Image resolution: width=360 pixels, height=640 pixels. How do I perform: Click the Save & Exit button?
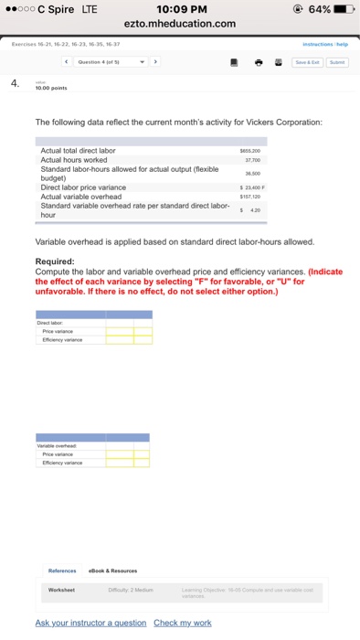[306, 62]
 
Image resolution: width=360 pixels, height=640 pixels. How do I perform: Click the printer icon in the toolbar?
[259, 62]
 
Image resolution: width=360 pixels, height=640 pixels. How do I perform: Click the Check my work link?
[183, 623]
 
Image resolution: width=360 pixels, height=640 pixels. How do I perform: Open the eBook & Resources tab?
[111, 571]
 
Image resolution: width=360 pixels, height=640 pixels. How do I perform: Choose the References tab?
[62, 571]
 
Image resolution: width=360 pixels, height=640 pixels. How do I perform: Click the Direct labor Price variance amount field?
[120, 331]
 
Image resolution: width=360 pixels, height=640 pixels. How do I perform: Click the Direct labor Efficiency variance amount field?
[120, 339]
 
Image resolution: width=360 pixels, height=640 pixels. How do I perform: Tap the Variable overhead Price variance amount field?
[120, 454]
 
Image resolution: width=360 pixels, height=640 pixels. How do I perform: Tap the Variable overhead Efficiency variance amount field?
[120, 463]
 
